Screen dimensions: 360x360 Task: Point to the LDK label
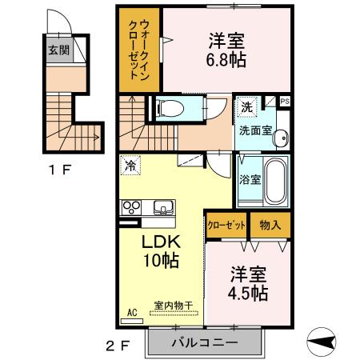point(161,242)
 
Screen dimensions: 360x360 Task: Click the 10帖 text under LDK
point(160,260)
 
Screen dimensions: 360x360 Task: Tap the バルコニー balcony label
point(205,343)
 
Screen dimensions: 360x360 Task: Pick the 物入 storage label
point(270,224)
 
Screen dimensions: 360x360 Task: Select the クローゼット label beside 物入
point(227,224)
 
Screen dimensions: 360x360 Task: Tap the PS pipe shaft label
point(286,101)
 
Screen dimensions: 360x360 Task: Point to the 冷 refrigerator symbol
point(130,166)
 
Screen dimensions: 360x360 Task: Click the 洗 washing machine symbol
point(247,106)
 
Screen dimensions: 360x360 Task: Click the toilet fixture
point(169,107)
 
